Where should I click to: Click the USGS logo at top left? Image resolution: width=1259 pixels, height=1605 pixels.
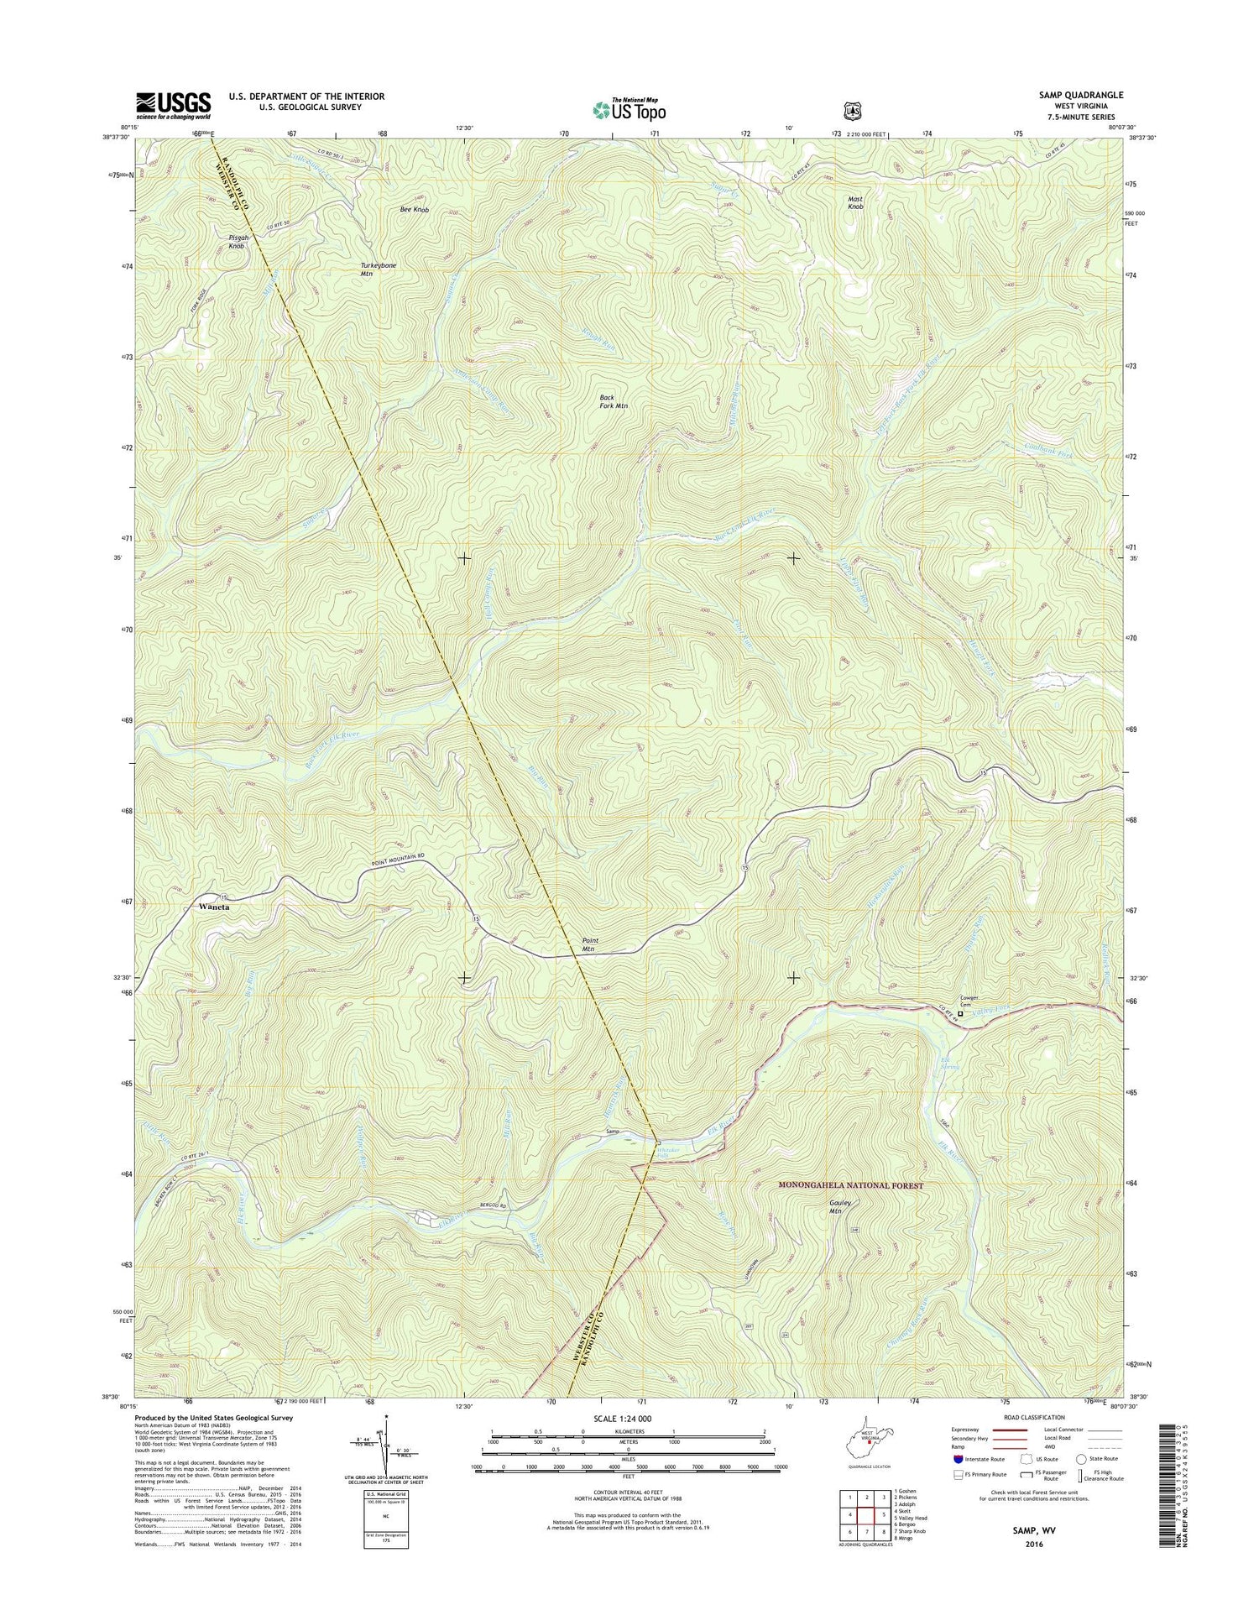(174, 104)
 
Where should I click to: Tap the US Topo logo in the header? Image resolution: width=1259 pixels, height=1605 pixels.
(629, 108)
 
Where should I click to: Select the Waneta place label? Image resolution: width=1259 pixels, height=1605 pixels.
(214, 907)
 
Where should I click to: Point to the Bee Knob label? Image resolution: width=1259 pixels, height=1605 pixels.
(414, 209)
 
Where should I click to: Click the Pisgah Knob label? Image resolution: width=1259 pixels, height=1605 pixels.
(237, 242)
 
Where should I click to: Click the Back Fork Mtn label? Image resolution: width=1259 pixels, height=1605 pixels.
(614, 401)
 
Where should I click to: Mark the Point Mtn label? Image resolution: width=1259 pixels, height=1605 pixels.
(589, 944)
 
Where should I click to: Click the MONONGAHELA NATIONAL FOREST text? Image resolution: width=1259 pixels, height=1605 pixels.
(850, 1185)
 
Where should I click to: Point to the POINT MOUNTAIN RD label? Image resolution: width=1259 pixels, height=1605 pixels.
(407, 855)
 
